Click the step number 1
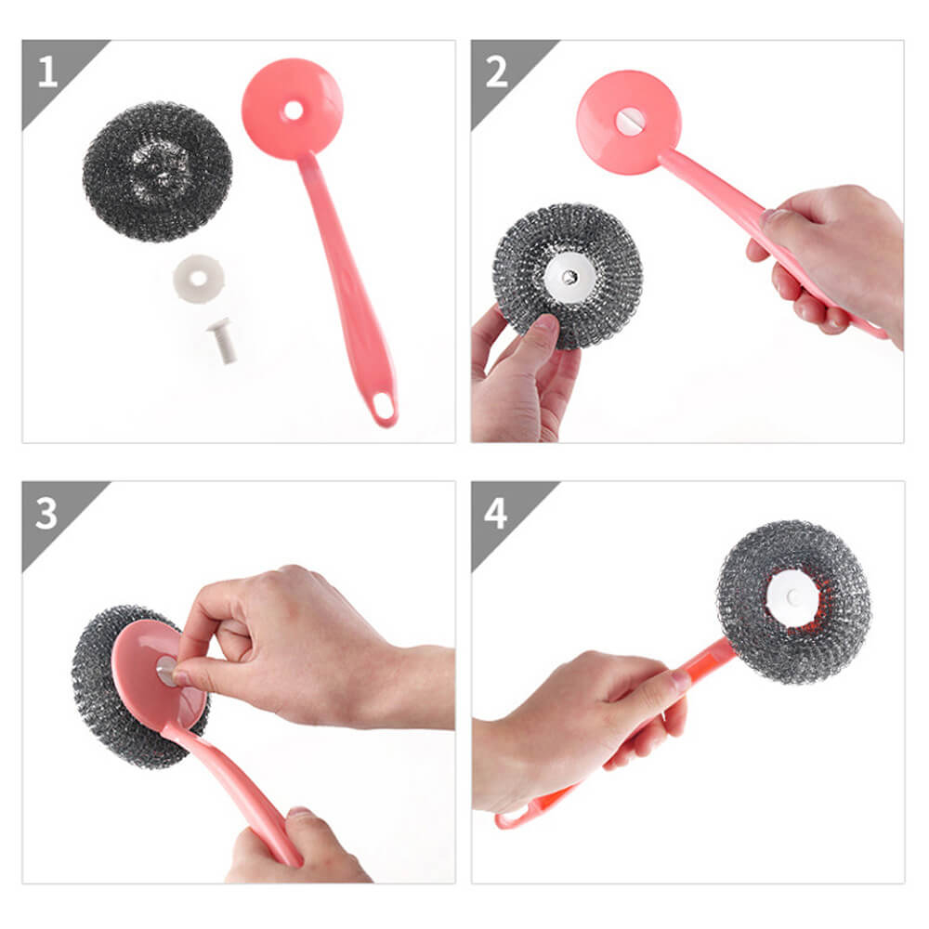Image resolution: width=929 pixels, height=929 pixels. point(48,72)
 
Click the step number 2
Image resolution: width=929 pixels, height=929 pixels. point(496,72)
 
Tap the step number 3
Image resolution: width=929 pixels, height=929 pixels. point(46,513)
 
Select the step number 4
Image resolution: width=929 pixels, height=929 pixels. point(496,513)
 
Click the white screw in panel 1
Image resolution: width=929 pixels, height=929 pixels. point(223,341)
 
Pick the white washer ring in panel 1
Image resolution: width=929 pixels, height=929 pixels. point(199,279)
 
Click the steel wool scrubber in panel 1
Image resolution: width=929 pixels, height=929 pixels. point(158,172)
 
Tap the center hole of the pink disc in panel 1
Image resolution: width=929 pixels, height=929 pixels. point(294,111)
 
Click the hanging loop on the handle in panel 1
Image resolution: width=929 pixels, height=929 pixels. point(383,407)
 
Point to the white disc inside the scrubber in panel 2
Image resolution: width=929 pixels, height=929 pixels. point(568,276)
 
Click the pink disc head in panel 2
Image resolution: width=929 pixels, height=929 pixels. point(629,123)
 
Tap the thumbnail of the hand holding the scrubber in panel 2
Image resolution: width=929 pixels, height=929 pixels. point(547,323)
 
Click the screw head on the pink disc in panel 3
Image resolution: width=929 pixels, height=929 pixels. point(166,671)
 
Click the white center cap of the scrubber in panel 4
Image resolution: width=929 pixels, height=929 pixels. point(792,598)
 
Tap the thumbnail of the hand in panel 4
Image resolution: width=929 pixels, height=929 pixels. point(681,681)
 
